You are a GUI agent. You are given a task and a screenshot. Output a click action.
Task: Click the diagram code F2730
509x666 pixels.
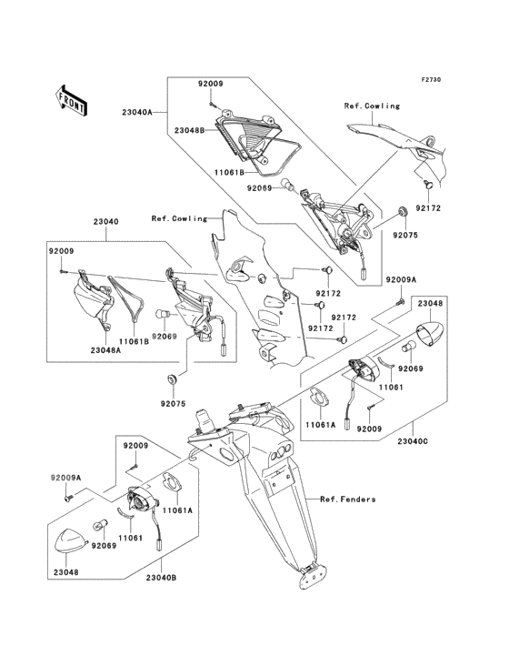click(431, 79)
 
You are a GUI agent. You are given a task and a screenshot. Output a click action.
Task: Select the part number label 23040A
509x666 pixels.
click(137, 113)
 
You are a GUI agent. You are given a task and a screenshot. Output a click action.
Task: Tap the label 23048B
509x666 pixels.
click(189, 130)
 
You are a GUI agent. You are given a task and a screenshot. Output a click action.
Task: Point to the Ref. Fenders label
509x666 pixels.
click(348, 499)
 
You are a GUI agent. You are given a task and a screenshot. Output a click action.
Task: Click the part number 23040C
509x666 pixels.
click(413, 441)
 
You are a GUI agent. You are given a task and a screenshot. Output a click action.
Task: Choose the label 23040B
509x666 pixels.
click(161, 577)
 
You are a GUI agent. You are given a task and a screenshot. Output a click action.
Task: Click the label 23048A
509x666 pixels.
click(105, 350)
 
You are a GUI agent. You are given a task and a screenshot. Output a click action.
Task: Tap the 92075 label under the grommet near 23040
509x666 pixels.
click(173, 404)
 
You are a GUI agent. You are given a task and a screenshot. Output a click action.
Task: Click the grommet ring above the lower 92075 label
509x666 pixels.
click(173, 378)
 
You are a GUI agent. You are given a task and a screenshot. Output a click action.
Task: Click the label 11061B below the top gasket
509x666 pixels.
click(229, 172)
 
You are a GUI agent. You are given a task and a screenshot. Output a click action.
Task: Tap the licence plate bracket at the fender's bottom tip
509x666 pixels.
click(311, 576)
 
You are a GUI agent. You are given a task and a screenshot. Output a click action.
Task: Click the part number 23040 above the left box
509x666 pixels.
click(106, 222)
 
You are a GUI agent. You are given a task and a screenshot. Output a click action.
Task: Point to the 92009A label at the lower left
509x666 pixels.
click(65, 478)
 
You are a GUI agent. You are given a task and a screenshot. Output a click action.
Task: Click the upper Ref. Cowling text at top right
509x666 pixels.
click(372, 106)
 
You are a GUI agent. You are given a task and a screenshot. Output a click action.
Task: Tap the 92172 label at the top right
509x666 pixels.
click(428, 208)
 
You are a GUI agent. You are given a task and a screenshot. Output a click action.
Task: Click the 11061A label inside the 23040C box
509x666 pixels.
click(321, 424)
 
